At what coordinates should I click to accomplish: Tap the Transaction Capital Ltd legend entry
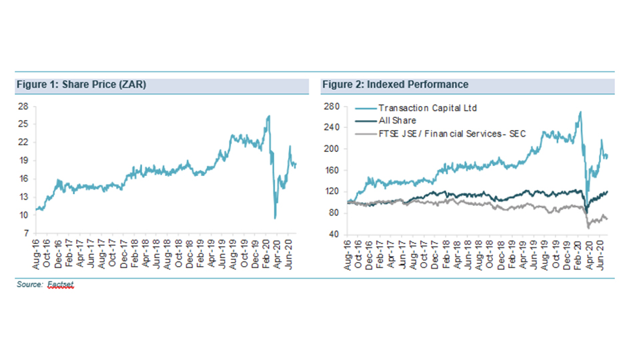point(428,107)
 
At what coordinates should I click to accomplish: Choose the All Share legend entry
point(397,121)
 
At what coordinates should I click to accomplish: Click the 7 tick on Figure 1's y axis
point(24,233)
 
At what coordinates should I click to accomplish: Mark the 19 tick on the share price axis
point(22,161)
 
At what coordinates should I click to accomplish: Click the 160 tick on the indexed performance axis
point(332,170)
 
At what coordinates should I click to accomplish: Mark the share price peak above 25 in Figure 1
point(268,116)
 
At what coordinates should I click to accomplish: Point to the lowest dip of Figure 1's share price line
point(275,218)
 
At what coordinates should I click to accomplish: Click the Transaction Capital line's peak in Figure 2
point(580,112)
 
